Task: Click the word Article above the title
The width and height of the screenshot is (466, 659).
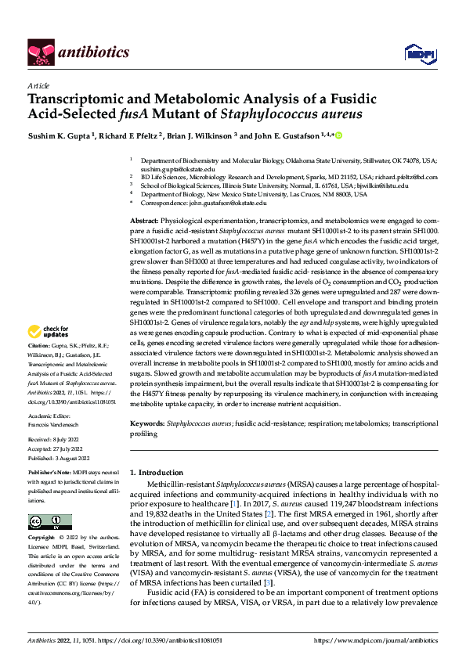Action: [x=38, y=85]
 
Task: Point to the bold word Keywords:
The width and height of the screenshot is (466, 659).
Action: [x=148, y=423]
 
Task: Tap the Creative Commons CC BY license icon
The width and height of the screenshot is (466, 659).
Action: [x=49, y=522]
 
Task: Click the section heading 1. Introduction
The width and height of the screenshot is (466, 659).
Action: [x=156, y=473]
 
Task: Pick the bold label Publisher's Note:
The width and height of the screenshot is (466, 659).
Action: [x=51, y=474]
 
